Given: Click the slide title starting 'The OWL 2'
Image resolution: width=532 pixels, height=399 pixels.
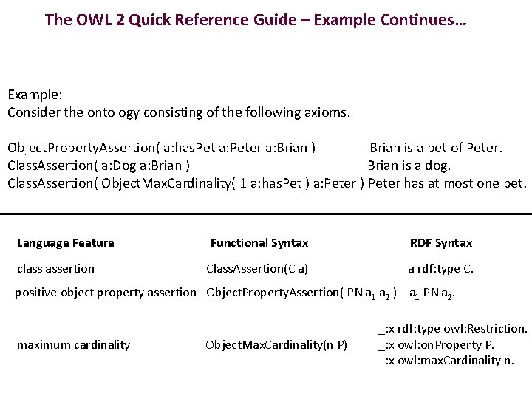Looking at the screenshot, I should click(255, 19).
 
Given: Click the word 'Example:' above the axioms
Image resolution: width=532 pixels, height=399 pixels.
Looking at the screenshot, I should click(35, 95).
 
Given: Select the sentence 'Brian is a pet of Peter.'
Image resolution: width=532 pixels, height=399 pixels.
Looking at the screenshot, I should click(436, 148).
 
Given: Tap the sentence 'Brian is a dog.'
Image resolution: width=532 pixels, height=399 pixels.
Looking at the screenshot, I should click(419, 166).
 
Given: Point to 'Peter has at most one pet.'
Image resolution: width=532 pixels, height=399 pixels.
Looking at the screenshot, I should click(448, 183).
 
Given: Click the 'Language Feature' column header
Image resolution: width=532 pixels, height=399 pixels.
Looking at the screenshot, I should click(66, 243).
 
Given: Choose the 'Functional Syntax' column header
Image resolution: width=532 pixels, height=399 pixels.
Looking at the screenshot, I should click(259, 243).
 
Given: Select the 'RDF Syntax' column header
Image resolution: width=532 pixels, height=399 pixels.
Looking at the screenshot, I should click(441, 243).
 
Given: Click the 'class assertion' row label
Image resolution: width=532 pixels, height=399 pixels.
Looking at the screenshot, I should click(55, 269).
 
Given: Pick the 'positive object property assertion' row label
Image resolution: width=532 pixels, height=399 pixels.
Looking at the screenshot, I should click(106, 293).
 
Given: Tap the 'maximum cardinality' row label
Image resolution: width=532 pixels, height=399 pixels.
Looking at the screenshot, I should click(73, 345).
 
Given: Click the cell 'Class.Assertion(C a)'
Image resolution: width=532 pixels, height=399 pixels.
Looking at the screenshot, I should click(257, 269).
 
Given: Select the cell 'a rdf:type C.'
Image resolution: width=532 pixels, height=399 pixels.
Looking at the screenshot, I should click(441, 269).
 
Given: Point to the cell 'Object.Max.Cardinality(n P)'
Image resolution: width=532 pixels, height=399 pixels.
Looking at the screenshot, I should click(276, 345).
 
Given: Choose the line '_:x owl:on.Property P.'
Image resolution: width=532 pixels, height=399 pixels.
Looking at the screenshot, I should click(436, 345).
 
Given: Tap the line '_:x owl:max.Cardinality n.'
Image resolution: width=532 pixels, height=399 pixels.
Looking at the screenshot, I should click(446, 361).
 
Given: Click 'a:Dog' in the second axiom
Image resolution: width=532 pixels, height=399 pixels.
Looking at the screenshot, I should click(118, 166).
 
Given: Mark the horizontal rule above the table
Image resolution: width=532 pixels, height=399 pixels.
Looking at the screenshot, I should click(266, 214).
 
